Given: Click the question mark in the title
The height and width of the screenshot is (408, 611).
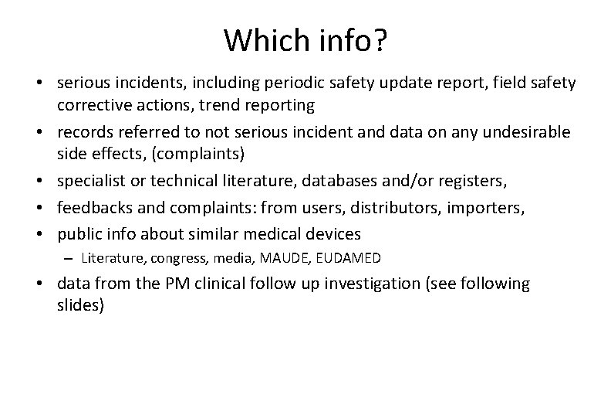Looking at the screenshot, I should pyautogui.click(x=379, y=40).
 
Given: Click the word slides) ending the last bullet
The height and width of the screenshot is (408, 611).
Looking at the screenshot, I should pyautogui.click(x=79, y=304).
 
